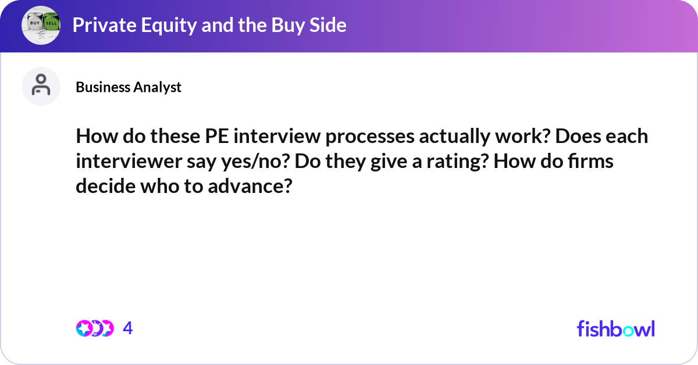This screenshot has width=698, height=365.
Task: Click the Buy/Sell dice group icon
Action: point(41,25)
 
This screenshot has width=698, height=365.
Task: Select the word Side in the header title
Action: point(328,25)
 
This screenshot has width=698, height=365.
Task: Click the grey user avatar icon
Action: point(41,86)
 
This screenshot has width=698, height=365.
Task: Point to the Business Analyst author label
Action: point(129,87)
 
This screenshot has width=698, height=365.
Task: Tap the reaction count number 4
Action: point(128,328)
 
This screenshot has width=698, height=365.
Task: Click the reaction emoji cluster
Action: point(94,328)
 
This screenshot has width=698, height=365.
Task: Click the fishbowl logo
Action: point(615,328)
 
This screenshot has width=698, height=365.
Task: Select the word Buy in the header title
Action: point(283,25)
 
